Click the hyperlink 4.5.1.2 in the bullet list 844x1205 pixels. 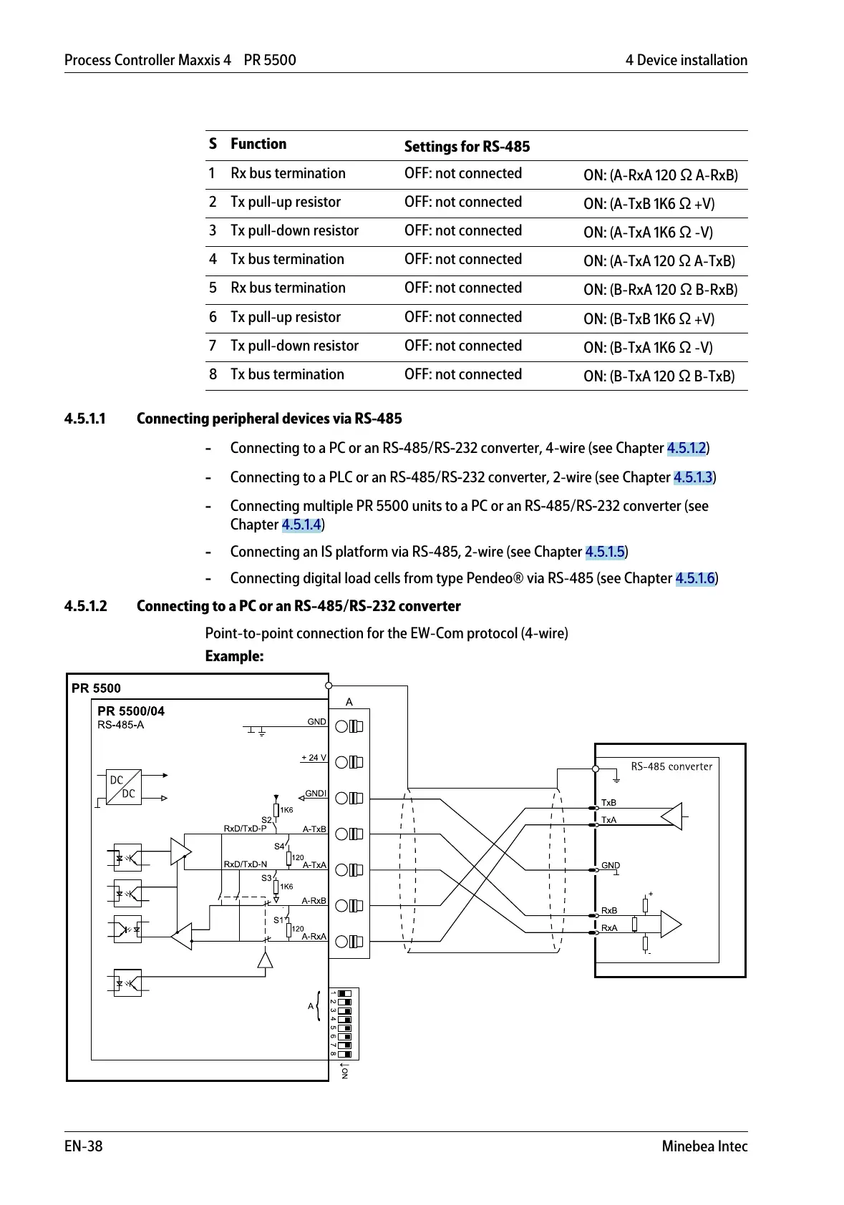(x=687, y=448)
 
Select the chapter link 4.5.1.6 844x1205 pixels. (x=695, y=578)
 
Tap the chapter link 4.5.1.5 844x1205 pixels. (x=605, y=552)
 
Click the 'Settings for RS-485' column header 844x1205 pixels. (x=467, y=147)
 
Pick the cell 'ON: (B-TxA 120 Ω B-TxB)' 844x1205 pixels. (x=659, y=376)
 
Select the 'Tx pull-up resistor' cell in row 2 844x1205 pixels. (x=286, y=203)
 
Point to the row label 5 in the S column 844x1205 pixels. (x=213, y=288)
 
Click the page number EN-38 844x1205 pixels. (x=83, y=1146)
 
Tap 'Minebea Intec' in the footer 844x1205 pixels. (x=704, y=1146)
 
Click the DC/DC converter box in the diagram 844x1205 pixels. (x=123, y=787)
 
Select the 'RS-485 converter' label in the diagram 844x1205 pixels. (x=671, y=766)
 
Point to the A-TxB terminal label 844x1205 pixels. (x=314, y=829)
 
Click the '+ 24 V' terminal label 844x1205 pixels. (x=314, y=757)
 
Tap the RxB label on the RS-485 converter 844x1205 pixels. (x=609, y=911)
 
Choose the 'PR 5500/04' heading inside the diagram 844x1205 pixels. (x=131, y=711)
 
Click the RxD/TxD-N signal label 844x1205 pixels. (x=245, y=864)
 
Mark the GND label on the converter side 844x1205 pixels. (x=610, y=865)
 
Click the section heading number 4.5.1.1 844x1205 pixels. (x=84, y=419)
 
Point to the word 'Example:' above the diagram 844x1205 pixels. (x=234, y=656)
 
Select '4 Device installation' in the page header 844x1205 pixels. (x=686, y=60)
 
